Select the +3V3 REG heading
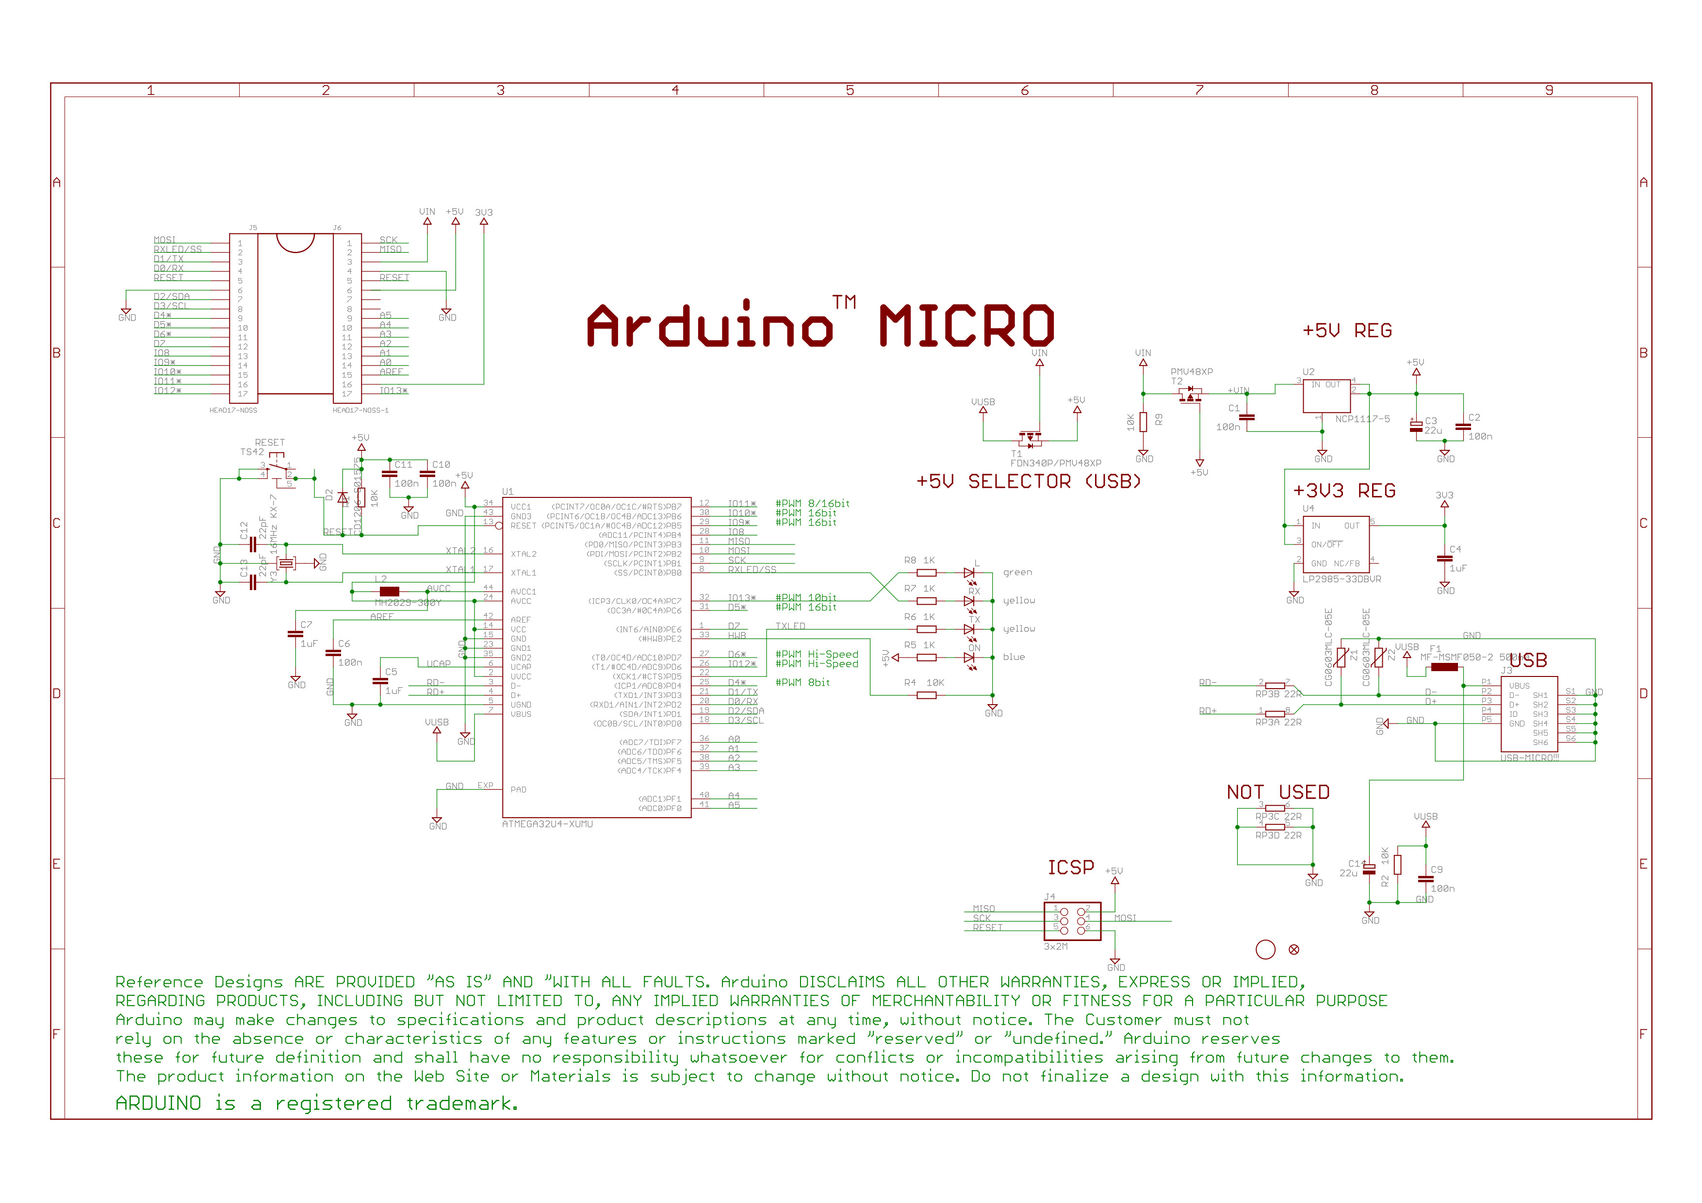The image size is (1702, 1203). coord(1343,491)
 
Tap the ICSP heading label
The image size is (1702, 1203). coord(1070,867)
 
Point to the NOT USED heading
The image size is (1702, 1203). coord(1277,792)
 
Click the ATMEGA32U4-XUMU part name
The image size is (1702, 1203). coord(547,824)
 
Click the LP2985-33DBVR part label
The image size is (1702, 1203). coord(1342,579)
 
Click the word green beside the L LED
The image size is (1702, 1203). coord(1017,572)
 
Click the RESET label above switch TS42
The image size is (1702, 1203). coord(270,443)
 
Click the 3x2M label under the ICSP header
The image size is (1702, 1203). coord(1056,947)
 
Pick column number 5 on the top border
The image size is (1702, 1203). coord(850,90)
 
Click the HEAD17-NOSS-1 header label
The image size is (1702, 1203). coord(360,411)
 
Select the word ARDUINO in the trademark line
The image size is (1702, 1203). coord(158,1104)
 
